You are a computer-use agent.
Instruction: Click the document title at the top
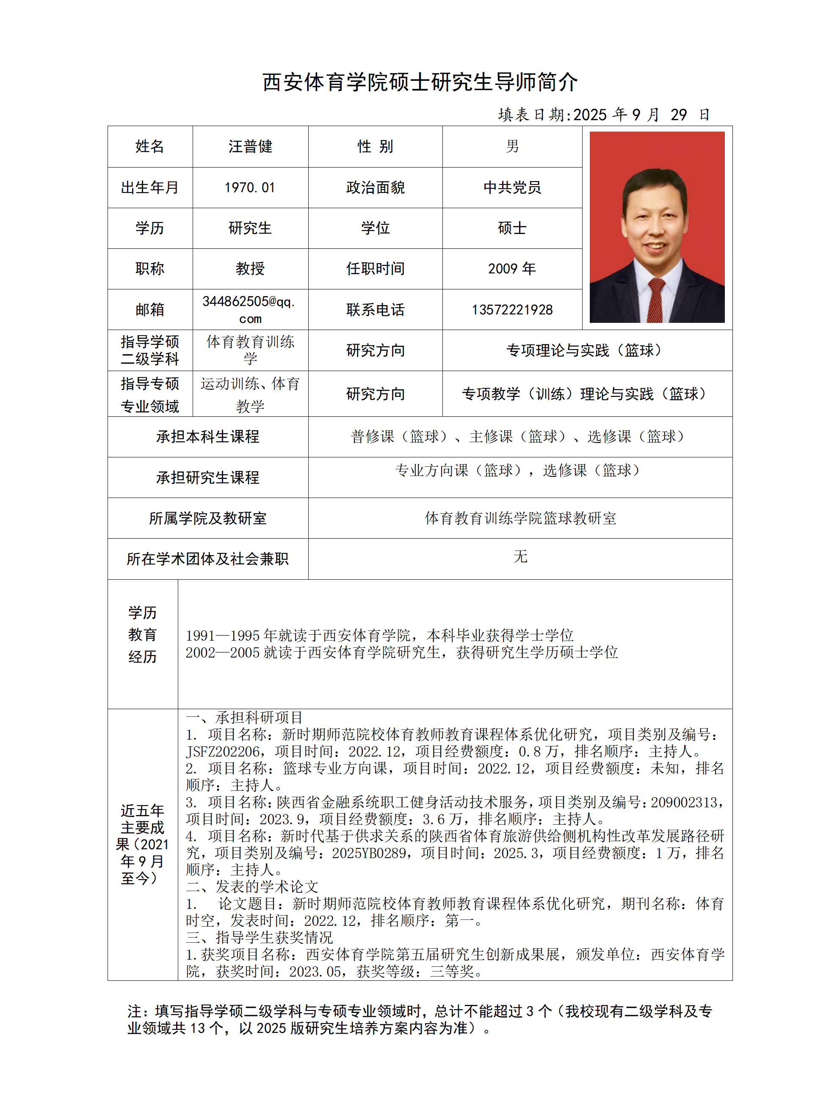pyautogui.click(x=420, y=82)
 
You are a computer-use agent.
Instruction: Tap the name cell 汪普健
pyautogui.click(x=250, y=146)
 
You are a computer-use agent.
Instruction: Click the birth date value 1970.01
pyautogui.click(x=250, y=187)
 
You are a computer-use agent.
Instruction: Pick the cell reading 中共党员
pyautogui.click(x=512, y=187)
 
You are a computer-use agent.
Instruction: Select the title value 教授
pyautogui.click(x=250, y=268)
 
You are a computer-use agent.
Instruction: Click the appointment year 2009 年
pyautogui.click(x=512, y=268)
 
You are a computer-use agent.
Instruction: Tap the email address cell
pyautogui.click(x=250, y=309)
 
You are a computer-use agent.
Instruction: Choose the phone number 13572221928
pyautogui.click(x=512, y=309)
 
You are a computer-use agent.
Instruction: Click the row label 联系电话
pyautogui.click(x=375, y=309)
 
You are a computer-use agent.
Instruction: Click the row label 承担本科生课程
pyautogui.click(x=208, y=437)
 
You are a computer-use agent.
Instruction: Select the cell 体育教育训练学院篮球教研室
pyautogui.click(x=520, y=518)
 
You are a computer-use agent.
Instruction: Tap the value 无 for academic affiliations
pyautogui.click(x=520, y=556)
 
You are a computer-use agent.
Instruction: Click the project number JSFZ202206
pyautogui.click(x=223, y=751)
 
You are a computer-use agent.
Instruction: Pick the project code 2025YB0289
pyautogui.click(x=369, y=853)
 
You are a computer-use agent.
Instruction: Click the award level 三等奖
pyautogui.click(x=452, y=971)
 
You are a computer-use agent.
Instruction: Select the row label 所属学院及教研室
pyautogui.click(x=208, y=518)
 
